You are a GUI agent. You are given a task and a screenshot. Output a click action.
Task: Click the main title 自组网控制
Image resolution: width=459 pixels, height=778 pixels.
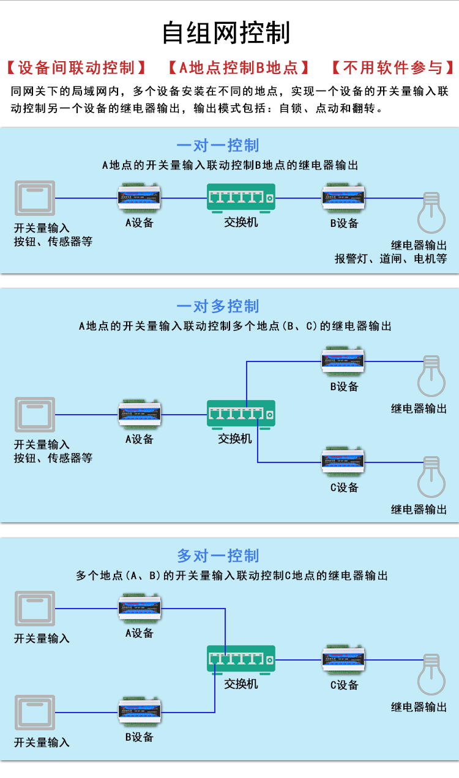(226, 32)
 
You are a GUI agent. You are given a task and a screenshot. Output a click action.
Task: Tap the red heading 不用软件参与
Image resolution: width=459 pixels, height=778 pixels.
(393, 68)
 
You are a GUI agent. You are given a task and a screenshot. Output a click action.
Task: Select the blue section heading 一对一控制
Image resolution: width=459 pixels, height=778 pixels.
(217, 146)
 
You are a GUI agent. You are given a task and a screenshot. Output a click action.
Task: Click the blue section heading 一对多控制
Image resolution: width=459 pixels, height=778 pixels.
(217, 306)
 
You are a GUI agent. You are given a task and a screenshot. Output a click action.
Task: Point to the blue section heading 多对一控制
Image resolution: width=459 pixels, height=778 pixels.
(217, 556)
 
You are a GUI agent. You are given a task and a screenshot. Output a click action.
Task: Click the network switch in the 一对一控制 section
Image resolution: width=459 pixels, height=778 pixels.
(241, 198)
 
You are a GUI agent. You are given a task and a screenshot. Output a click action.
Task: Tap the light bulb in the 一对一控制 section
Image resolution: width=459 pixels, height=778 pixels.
(431, 213)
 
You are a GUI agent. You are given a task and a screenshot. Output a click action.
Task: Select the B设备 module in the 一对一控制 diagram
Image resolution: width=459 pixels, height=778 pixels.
(343, 198)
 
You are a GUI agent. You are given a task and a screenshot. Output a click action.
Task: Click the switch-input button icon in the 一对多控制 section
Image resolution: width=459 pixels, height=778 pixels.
(35, 414)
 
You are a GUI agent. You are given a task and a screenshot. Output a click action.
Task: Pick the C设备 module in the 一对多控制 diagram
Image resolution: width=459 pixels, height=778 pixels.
(343, 462)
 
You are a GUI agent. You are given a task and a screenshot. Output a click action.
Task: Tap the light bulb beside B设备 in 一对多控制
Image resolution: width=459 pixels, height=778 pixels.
(431, 376)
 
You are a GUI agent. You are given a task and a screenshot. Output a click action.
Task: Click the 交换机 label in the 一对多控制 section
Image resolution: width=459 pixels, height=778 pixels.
(234, 439)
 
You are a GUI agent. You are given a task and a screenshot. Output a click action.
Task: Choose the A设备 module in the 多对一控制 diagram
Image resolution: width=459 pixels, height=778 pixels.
(140, 608)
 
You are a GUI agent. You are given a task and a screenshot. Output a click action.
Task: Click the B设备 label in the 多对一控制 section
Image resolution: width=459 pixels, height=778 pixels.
(140, 736)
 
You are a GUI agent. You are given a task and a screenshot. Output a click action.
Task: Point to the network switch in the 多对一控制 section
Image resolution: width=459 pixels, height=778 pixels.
(241, 660)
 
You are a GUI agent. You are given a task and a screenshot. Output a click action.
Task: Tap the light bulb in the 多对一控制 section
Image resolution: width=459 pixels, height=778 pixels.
(431, 675)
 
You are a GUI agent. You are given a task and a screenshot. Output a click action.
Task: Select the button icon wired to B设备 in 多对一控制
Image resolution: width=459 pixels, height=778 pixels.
(35, 713)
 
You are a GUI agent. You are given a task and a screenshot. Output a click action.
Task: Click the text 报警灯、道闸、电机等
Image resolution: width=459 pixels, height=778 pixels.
(391, 259)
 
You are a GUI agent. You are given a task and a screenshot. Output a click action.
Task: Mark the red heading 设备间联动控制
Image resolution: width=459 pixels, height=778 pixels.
(76, 68)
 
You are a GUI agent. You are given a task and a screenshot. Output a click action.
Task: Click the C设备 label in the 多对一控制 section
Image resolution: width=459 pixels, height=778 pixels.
(344, 685)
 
